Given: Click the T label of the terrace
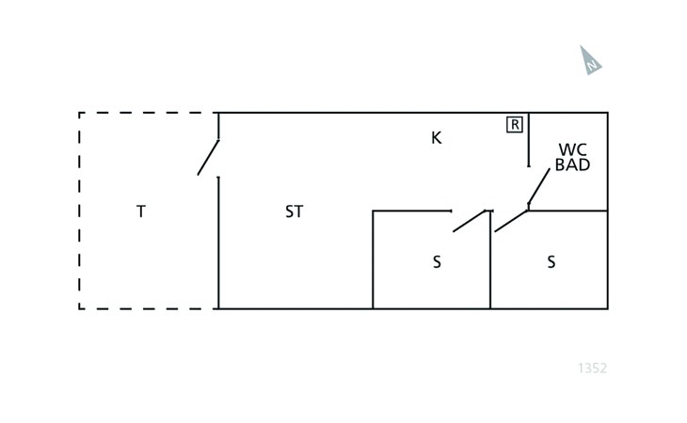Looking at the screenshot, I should [x=141, y=211].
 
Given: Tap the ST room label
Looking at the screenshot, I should [x=295, y=211].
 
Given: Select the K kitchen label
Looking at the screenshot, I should [x=436, y=138].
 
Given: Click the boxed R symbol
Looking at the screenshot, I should [x=515, y=124].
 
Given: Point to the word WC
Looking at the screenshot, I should [x=572, y=149].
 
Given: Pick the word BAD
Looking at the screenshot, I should [x=572, y=165].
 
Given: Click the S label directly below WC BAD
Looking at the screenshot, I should [x=551, y=262].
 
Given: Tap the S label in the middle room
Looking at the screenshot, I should [x=437, y=262].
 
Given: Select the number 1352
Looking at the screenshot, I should [x=593, y=368].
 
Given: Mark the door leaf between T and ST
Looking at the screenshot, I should [x=208, y=157].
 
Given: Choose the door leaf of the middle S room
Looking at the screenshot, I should [x=469, y=221].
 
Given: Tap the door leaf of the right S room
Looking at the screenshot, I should [x=511, y=221].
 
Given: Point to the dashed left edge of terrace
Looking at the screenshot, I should [x=80, y=211].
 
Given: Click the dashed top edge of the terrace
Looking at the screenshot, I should [x=149, y=113].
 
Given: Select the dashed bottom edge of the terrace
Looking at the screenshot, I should [x=149, y=308].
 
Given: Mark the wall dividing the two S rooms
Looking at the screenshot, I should [x=490, y=268].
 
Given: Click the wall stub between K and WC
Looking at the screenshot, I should [x=529, y=139].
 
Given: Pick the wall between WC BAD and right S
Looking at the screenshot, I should [x=568, y=211].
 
